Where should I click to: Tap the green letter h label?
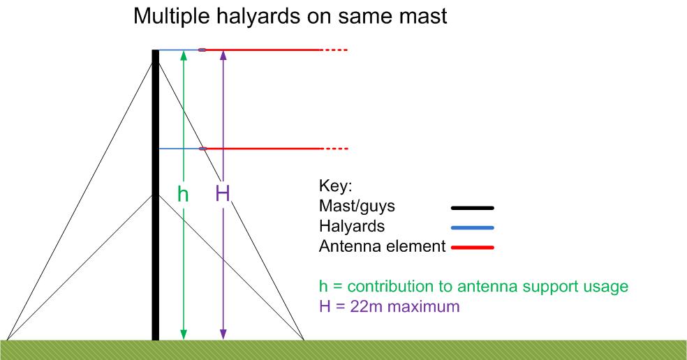(x=183, y=193)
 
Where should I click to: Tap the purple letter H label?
(x=223, y=193)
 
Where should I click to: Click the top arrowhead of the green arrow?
(x=184, y=55)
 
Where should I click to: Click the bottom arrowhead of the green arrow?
(x=184, y=335)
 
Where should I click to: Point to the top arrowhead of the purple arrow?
(x=223, y=55)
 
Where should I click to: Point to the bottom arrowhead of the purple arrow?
(x=223, y=335)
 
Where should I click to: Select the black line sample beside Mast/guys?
(x=472, y=208)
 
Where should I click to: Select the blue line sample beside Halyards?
(x=472, y=227)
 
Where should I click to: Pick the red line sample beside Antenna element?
(x=472, y=248)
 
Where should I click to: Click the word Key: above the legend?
(x=336, y=186)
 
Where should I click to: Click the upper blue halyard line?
(x=179, y=50)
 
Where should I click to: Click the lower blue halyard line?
(x=179, y=149)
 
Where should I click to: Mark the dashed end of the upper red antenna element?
(x=336, y=50)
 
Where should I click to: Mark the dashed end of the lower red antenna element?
(x=336, y=149)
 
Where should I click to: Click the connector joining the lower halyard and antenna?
(x=202, y=149)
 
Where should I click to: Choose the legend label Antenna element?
(x=383, y=246)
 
